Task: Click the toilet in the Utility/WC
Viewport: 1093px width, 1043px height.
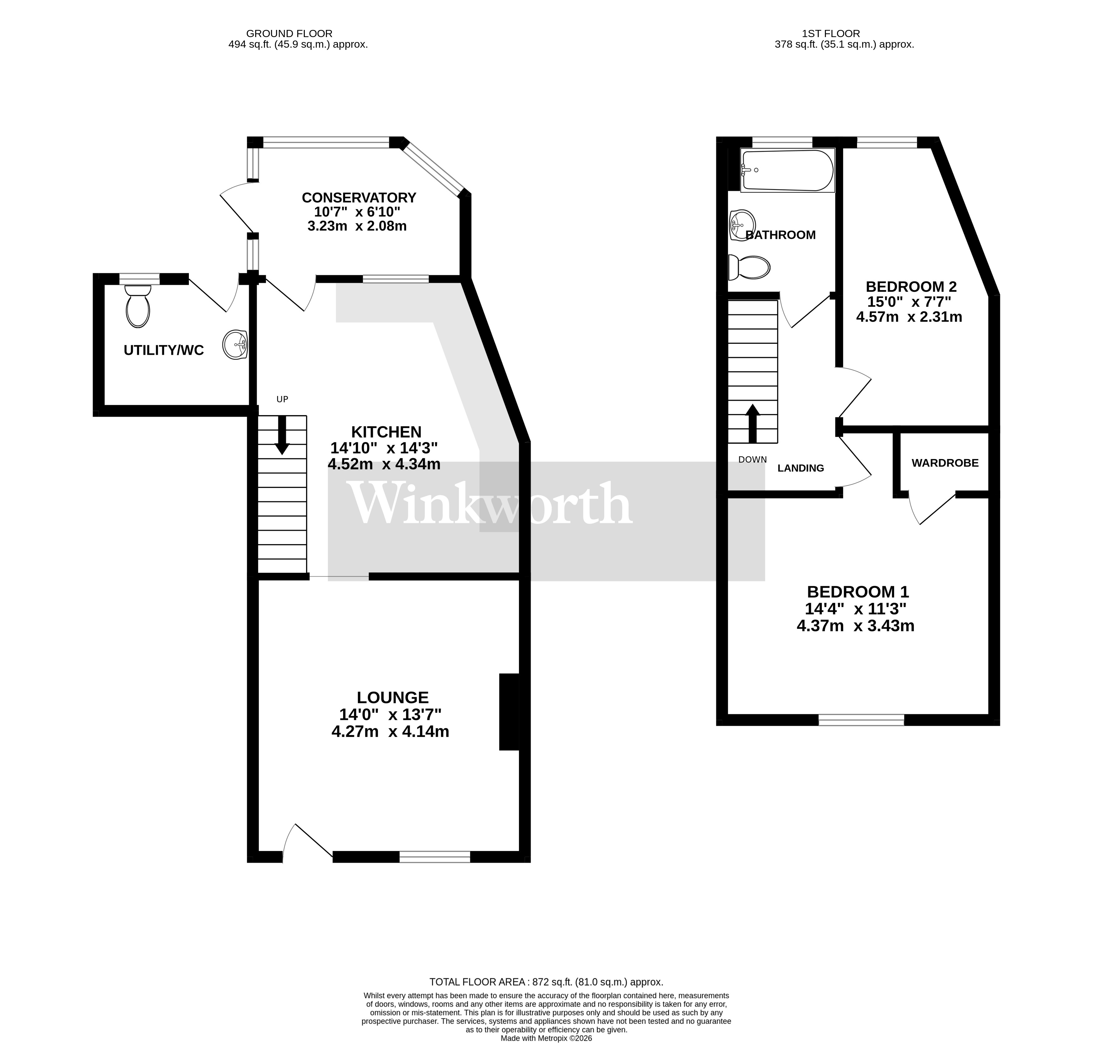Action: coord(138,308)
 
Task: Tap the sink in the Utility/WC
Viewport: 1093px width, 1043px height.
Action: coord(236,345)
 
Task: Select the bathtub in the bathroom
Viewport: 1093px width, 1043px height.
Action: coord(787,171)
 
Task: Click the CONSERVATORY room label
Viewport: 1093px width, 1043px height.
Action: coord(359,197)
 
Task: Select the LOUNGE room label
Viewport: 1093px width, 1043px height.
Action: coord(392,697)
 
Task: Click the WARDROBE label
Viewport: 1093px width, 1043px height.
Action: coord(945,462)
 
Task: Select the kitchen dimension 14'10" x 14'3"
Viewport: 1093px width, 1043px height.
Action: coord(384,447)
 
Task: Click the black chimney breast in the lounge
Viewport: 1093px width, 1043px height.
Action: coord(509,712)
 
